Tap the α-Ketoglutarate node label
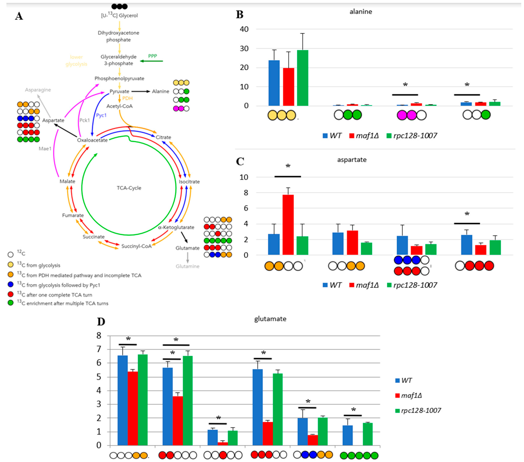(x=176, y=227)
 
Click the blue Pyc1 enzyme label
(x=101, y=115)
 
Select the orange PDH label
(x=127, y=98)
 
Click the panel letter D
(x=101, y=322)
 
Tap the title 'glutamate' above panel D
(x=270, y=319)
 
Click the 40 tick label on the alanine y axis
(x=244, y=29)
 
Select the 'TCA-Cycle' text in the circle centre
(x=129, y=188)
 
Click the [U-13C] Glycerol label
(x=120, y=16)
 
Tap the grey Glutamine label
(x=187, y=266)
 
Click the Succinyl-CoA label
(x=136, y=246)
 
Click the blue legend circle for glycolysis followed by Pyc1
(x=10, y=285)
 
